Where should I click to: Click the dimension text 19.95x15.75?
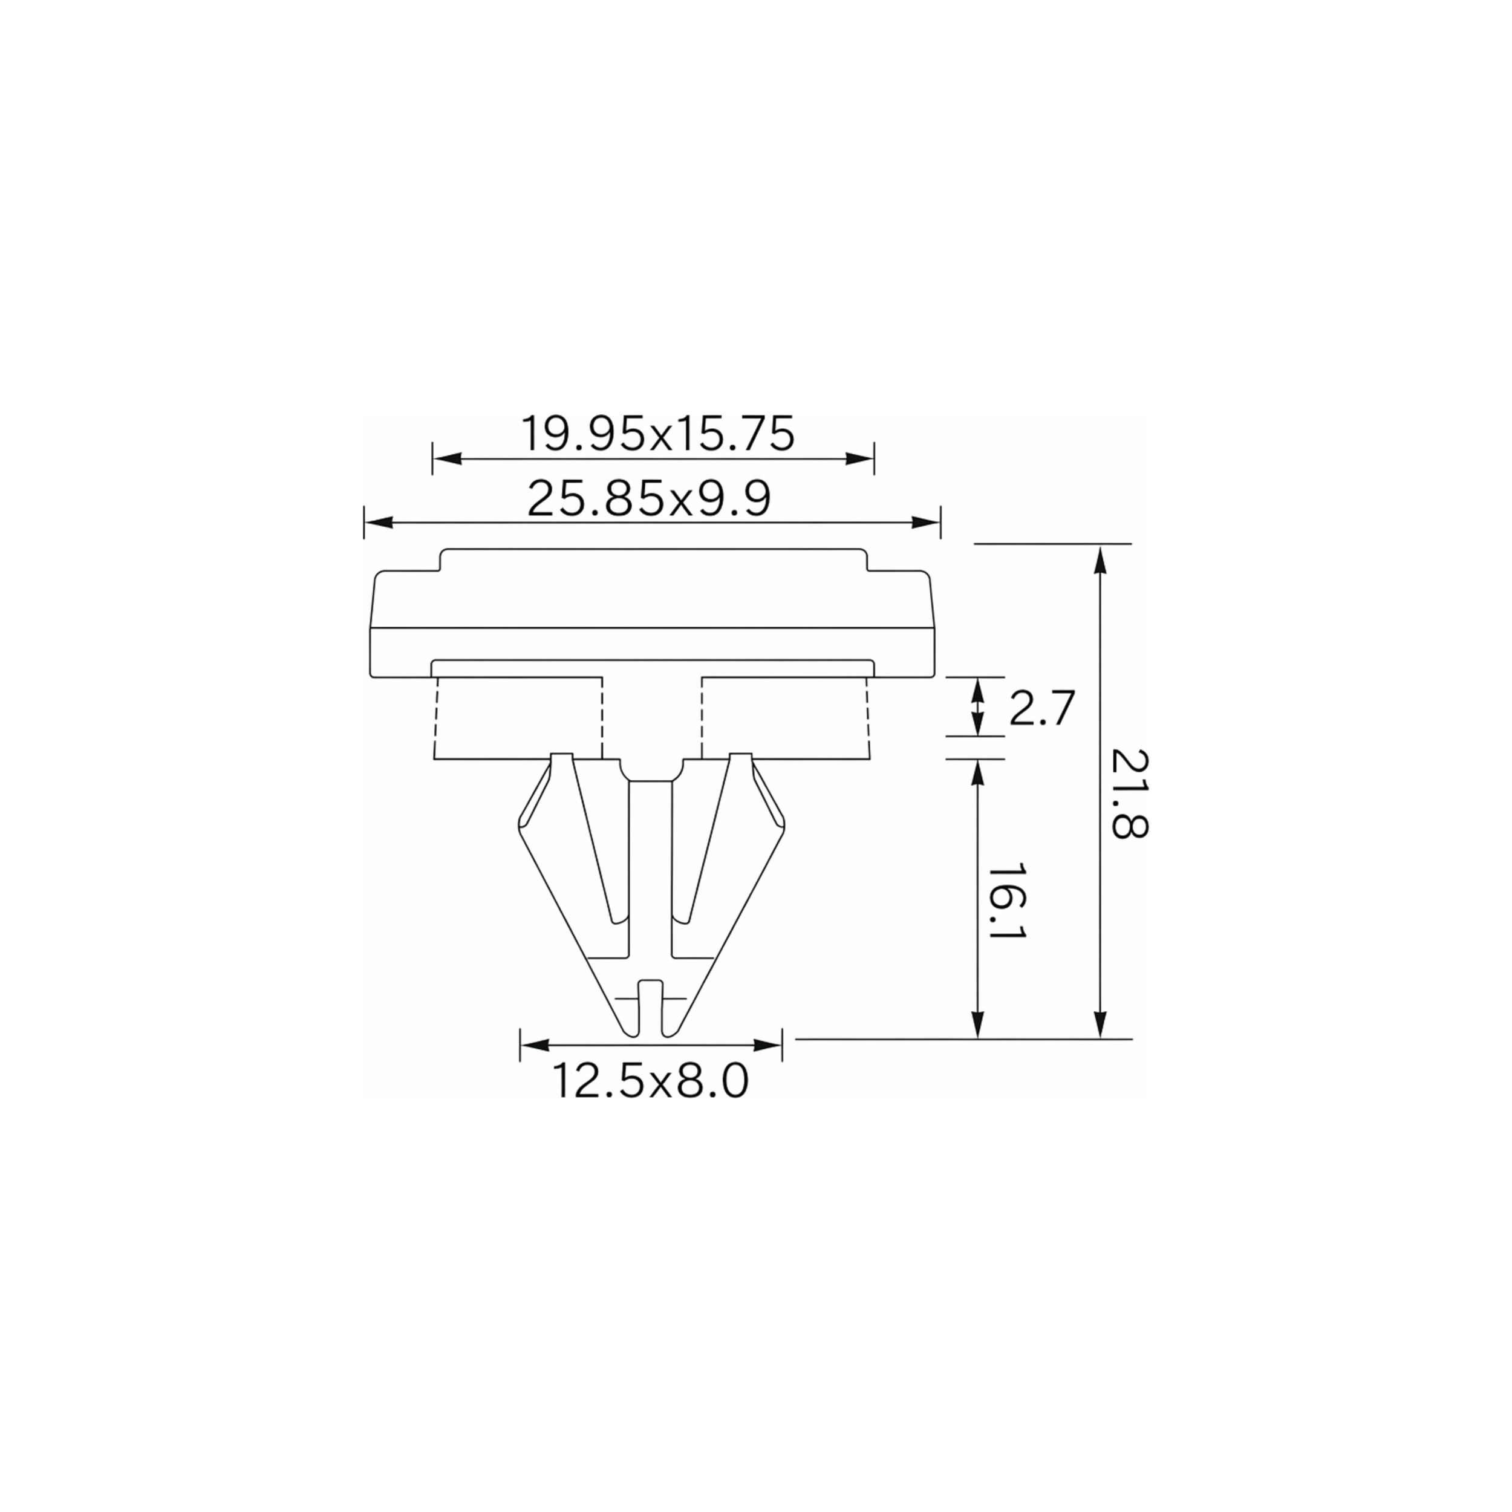tap(657, 434)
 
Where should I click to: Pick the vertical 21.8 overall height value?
tap(1129, 793)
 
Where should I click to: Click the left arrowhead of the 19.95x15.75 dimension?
tap(447, 458)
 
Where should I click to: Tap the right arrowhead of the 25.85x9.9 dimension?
tap(926, 522)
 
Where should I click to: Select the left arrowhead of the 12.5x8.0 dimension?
tap(535, 1046)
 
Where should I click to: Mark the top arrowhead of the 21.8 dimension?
tap(1100, 559)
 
